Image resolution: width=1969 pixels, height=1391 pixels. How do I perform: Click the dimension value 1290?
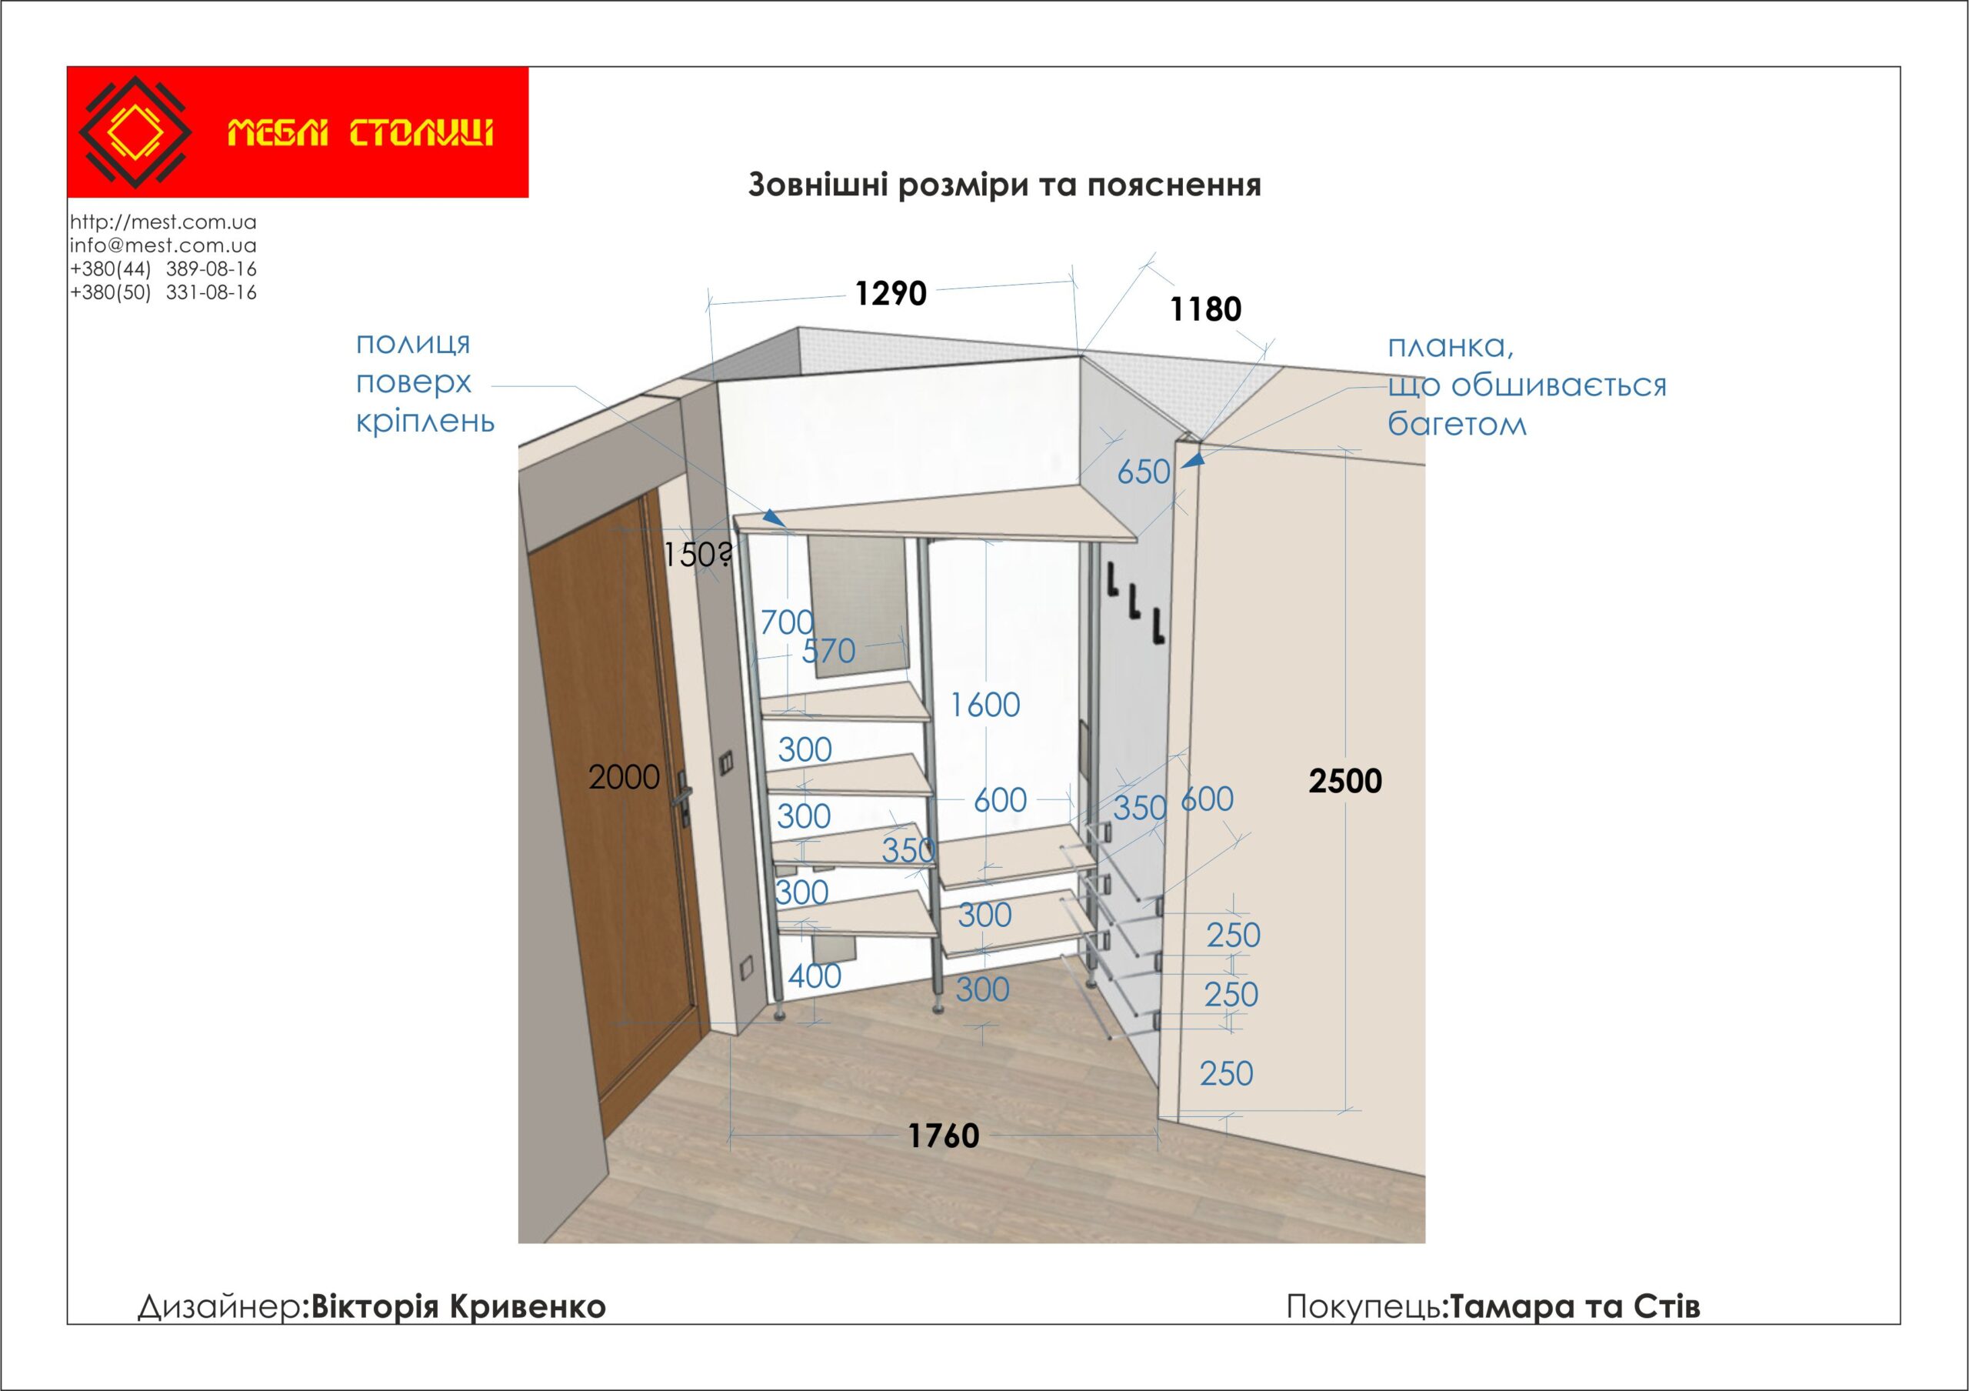890,294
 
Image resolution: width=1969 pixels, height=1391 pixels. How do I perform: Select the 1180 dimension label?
1205,309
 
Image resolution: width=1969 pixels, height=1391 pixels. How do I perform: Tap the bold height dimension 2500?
1344,781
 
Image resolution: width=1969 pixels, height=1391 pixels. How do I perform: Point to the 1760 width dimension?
943,1136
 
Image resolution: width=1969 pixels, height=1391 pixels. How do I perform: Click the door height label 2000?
624,778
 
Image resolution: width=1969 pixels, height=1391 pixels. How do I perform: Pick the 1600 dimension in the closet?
984,706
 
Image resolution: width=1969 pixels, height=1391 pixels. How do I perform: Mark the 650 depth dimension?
1143,472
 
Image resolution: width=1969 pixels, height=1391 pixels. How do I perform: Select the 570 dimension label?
828,652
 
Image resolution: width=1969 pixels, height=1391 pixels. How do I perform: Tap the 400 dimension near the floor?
814,976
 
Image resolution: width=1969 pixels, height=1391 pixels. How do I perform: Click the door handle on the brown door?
684,796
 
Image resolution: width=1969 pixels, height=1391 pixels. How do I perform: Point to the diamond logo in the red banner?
135,132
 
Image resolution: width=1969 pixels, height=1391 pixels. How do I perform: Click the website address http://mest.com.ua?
163,222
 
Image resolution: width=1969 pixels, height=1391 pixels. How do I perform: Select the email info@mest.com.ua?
163,245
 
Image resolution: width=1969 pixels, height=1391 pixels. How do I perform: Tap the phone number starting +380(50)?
163,292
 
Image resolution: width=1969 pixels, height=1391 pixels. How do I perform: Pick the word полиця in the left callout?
412,344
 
